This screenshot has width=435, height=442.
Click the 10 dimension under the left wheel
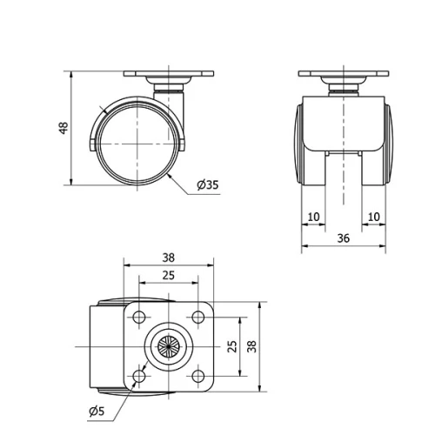coord(313,216)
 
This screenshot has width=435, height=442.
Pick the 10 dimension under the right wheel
coord(374,216)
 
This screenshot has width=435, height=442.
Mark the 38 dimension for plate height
coord(252,346)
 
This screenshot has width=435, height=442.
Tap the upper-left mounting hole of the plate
coord(138,317)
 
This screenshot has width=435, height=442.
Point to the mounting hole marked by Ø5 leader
coord(138,377)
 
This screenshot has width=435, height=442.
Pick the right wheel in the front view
coord(382,144)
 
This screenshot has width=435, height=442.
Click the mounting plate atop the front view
coord(344,74)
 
